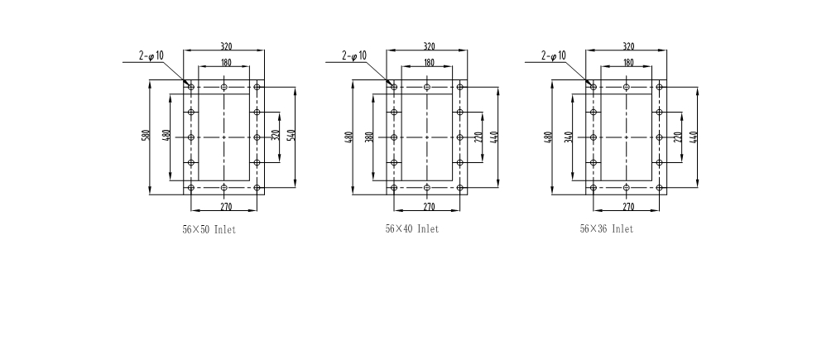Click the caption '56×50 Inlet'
point(209,229)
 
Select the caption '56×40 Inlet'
point(412,228)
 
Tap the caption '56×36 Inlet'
point(607,228)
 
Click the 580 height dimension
point(147,135)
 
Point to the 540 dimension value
point(291,135)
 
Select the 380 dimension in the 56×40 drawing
point(369,137)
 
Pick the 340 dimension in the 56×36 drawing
point(569,137)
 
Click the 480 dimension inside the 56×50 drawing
point(166,136)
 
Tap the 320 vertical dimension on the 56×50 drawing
point(276,135)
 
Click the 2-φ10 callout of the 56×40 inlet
point(354,55)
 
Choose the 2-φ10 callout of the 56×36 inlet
point(554,55)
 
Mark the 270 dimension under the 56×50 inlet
point(226,207)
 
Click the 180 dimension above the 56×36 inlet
point(628,63)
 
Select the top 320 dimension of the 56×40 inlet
point(429,46)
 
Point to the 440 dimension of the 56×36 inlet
point(694,137)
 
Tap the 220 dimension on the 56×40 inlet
point(479,137)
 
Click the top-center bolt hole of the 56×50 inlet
point(224,87)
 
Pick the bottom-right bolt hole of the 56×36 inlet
point(659,188)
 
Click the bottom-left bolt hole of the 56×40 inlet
point(394,188)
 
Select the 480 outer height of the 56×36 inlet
point(549,137)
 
